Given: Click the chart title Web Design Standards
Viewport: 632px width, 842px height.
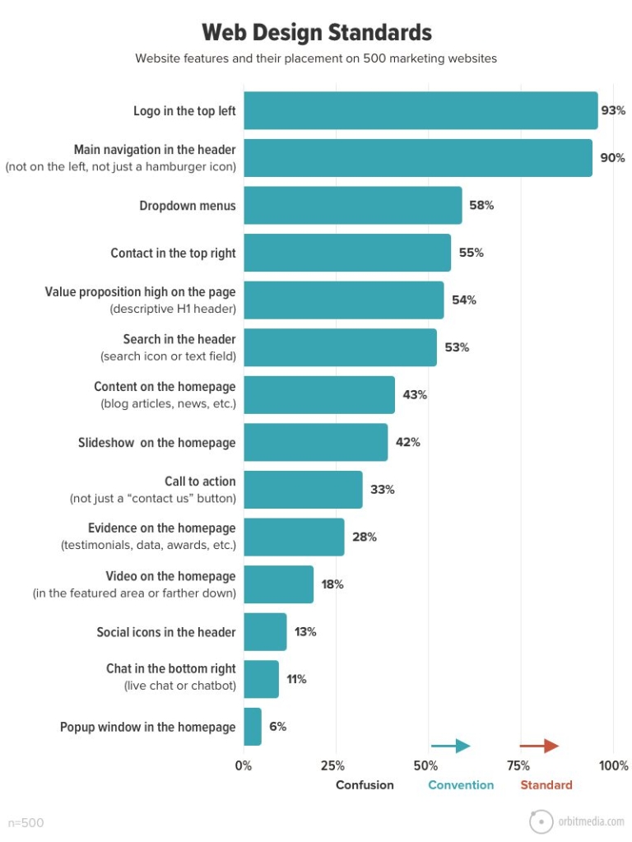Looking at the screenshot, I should tap(317, 32).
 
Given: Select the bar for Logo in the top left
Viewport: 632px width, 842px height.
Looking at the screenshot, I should tap(421, 110).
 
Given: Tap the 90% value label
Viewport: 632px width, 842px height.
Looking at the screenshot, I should tap(612, 158).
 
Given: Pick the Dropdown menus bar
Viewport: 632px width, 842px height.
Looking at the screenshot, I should tap(352, 206).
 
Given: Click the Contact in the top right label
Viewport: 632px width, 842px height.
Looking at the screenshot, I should tap(173, 254).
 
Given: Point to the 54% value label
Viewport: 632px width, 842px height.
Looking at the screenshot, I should tap(463, 300).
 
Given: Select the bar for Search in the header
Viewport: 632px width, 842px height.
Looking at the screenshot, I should tap(340, 347).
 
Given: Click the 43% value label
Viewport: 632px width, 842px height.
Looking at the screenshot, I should tap(415, 395).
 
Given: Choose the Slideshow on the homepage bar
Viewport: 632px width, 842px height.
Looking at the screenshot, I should tap(315, 442).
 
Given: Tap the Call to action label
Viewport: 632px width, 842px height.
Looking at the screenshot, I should tap(200, 481).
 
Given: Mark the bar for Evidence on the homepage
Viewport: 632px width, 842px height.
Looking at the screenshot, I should tap(294, 537).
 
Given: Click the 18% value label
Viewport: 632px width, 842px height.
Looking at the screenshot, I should tap(332, 584).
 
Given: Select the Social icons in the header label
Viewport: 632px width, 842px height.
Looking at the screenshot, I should tap(166, 632).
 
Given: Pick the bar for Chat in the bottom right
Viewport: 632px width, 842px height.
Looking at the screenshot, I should tap(261, 679).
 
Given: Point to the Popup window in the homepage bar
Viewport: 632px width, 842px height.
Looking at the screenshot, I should tap(252, 727).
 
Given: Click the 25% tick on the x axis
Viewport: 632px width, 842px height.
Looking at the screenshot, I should tap(332, 765).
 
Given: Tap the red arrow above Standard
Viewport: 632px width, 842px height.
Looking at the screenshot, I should tap(539, 746).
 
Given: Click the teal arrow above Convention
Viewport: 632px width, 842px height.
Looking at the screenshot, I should tap(450, 746).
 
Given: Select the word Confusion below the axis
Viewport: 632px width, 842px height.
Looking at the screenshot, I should tap(365, 785).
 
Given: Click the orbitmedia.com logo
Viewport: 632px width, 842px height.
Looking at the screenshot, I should tap(576, 821).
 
